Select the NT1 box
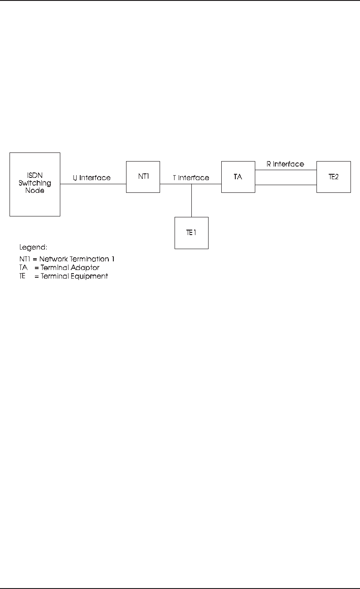(x=143, y=177)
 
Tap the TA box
(x=238, y=177)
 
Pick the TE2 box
(x=333, y=177)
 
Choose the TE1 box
(x=191, y=232)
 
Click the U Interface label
(x=92, y=178)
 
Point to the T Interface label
(x=191, y=178)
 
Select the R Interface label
(x=285, y=164)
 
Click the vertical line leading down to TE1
(x=191, y=201)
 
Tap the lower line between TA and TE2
(x=286, y=185)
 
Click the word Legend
(x=33, y=248)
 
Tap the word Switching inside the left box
(x=34, y=183)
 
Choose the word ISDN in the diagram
(x=34, y=176)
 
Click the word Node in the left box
(x=34, y=191)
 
